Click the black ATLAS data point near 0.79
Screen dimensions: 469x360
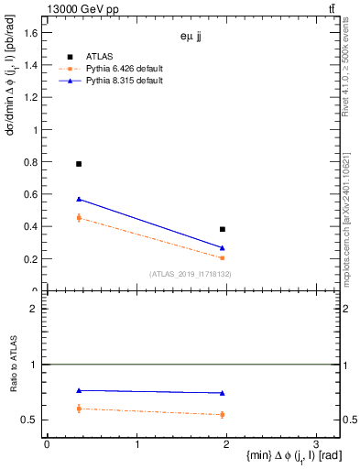[x=79, y=164]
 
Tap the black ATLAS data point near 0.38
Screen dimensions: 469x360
[x=223, y=229]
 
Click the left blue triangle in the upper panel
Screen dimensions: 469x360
[x=79, y=199]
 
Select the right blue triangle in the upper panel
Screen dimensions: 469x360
[x=223, y=248]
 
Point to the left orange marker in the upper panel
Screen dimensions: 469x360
[x=79, y=217]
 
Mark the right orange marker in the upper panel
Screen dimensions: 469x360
[x=223, y=258]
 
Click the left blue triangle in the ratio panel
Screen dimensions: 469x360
[x=79, y=391]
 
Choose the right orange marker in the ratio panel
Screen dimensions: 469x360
[x=223, y=415]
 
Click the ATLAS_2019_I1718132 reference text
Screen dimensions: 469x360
[x=191, y=273]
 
